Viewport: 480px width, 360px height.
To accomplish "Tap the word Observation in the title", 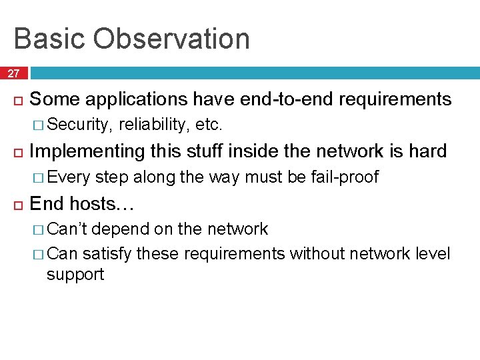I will [171, 39].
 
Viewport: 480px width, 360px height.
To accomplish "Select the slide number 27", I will [14, 73].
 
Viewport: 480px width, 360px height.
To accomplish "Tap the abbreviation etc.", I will [209, 125].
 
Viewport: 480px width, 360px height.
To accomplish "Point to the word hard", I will [427, 151].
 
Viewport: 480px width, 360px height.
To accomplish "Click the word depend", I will [121, 229].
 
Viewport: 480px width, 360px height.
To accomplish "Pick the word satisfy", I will [107, 254].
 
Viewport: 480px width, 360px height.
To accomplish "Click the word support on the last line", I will [75, 274].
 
